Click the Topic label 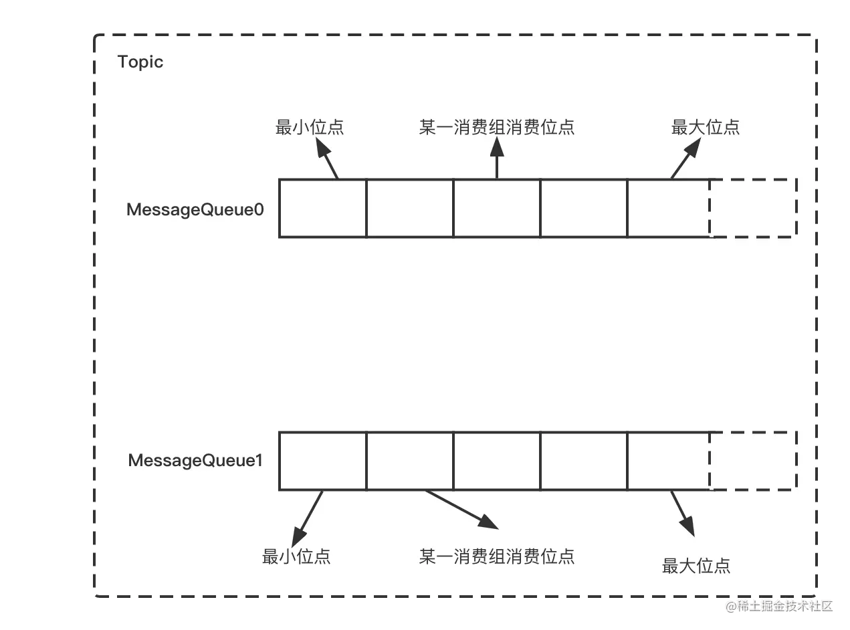point(140,62)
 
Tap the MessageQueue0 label point(195,209)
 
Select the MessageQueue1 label point(195,461)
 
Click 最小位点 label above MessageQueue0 point(310,127)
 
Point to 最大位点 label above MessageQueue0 point(706,127)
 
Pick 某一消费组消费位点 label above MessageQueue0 point(497,127)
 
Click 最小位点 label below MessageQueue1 point(296,556)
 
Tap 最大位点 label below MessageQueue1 point(696,566)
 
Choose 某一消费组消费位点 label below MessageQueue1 point(497,556)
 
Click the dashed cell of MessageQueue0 point(753,208)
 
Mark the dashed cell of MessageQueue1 point(753,460)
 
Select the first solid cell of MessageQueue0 point(322,208)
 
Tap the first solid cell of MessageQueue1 point(322,460)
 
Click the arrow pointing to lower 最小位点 point(308,518)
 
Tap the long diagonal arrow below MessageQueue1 point(461,509)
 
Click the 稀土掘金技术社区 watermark point(778,605)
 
